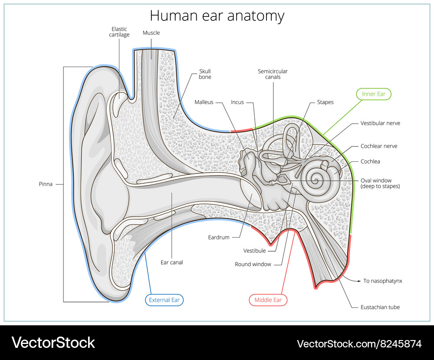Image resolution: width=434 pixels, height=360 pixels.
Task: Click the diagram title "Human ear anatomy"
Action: (x=217, y=16)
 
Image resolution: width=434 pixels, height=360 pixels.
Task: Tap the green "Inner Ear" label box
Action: (x=374, y=94)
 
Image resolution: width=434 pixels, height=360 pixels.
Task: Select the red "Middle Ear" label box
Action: (x=268, y=300)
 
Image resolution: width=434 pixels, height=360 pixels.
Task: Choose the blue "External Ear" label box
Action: (x=164, y=300)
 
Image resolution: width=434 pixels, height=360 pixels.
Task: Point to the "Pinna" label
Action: (x=46, y=184)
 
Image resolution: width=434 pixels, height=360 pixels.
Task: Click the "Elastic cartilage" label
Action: (x=119, y=32)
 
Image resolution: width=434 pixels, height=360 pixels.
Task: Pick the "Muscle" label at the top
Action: (x=151, y=33)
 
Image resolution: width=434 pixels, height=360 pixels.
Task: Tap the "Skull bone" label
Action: (x=205, y=74)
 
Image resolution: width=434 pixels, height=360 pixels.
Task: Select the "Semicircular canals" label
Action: (x=273, y=74)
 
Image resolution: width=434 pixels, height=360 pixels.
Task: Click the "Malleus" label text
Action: (x=204, y=102)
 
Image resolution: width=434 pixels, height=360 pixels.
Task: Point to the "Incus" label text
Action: (x=237, y=102)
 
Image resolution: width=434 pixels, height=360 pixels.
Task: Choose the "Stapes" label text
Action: (x=325, y=102)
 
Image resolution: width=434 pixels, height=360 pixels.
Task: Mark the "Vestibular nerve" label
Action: (x=380, y=123)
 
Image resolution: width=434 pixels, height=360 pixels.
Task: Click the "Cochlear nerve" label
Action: (x=378, y=146)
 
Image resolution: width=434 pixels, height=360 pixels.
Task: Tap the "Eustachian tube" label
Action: (x=380, y=307)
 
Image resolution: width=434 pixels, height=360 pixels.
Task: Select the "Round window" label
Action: (x=253, y=264)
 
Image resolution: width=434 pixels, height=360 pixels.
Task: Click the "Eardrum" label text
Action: (x=218, y=237)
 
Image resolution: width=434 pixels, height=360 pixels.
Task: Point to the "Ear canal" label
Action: (x=172, y=262)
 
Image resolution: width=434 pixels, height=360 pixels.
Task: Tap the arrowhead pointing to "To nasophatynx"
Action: (x=359, y=281)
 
